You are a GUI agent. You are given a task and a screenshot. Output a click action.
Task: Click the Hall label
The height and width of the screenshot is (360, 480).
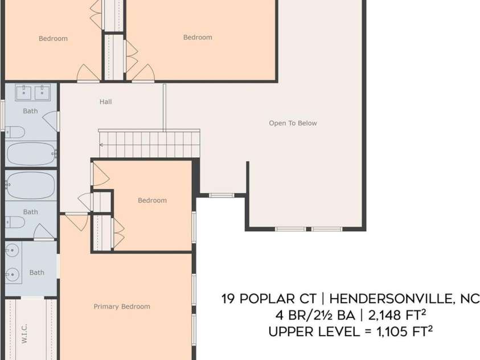click(x=105, y=102)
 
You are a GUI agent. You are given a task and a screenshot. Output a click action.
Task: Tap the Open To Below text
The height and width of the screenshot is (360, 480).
click(x=293, y=123)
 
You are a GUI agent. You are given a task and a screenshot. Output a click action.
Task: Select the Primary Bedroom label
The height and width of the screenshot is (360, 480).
click(x=122, y=306)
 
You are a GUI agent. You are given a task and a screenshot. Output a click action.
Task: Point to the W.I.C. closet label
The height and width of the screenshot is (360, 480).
click(x=24, y=334)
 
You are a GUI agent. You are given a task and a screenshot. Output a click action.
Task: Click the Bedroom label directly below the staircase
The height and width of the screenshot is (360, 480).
click(x=152, y=201)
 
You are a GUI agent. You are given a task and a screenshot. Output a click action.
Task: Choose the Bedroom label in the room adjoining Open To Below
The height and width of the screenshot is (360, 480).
click(x=198, y=38)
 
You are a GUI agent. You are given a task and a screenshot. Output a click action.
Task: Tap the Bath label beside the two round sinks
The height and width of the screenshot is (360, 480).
click(x=36, y=272)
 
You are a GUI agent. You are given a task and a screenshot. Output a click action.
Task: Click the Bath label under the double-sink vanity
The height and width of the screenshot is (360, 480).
click(x=30, y=111)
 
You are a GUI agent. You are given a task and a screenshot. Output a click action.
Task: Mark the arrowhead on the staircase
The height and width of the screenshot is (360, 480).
click(x=101, y=145)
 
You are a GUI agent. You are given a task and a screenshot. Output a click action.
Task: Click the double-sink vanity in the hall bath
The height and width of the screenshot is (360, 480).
click(x=32, y=92)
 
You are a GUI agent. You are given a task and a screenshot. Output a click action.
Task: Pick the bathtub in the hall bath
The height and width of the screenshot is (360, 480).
click(x=31, y=153)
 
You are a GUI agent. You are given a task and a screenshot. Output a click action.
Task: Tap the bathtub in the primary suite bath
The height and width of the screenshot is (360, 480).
click(x=31, y=185)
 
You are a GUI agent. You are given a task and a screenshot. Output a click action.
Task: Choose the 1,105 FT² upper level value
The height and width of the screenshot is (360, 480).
click(x=405, y=332)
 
